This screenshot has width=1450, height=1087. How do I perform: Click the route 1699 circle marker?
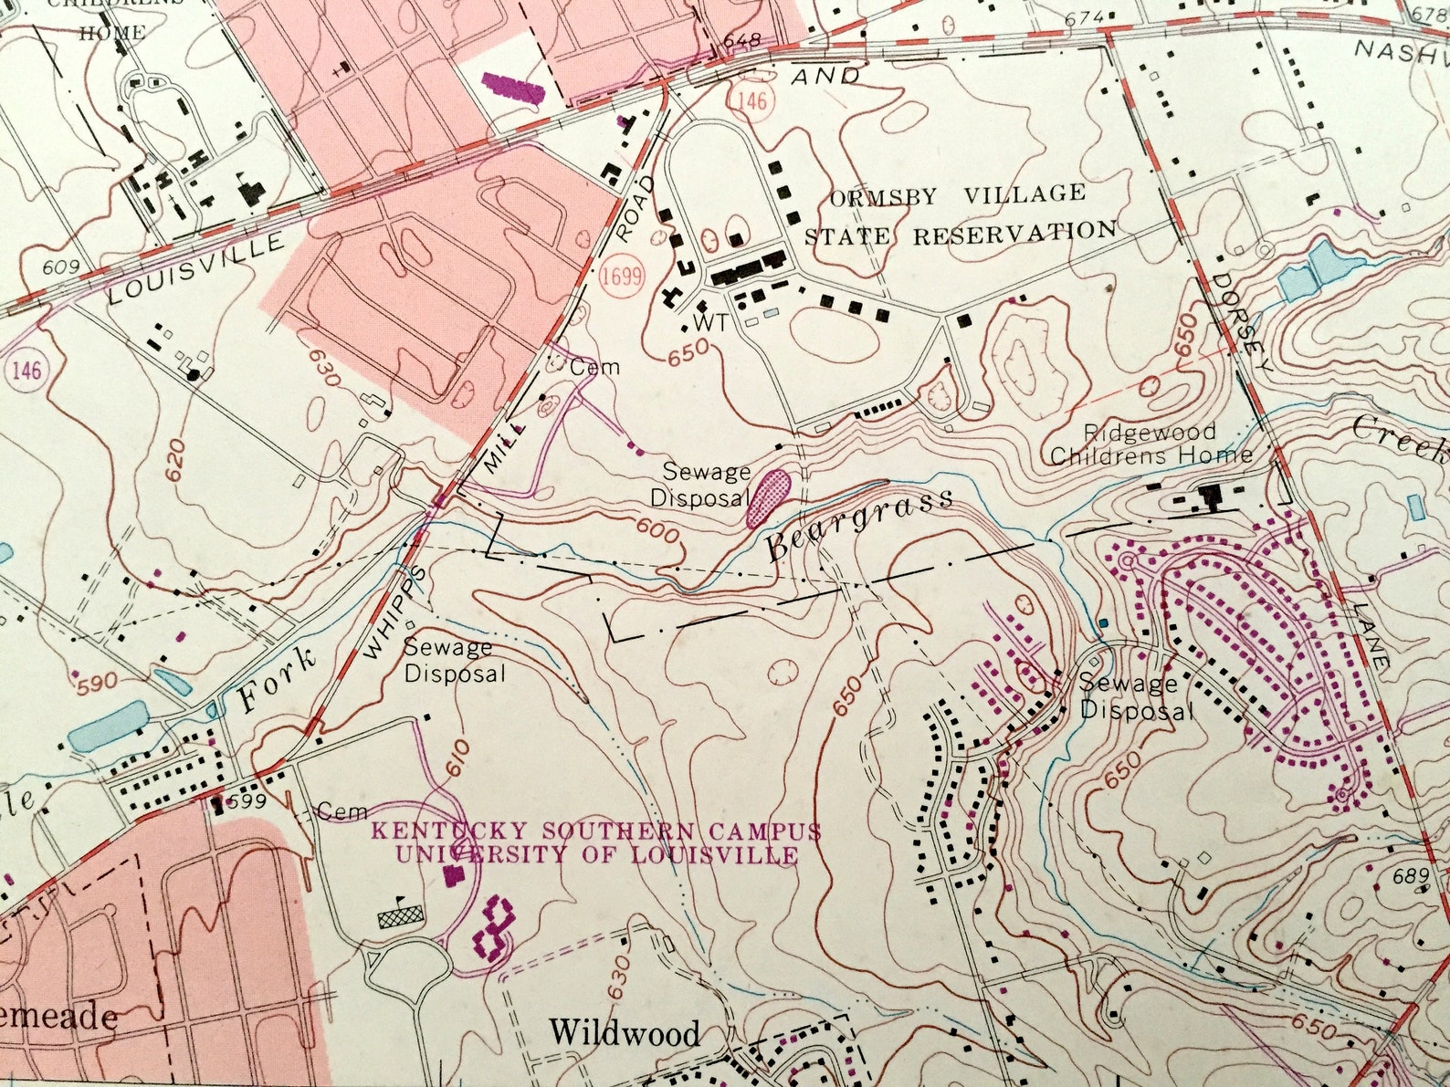pyautogui.click(x=622, y=276)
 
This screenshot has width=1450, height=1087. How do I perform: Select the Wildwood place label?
pyautogui.click(x=625, y=1033)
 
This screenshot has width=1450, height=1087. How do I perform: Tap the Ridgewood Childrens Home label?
pyautogui.click(x=1150, y=444)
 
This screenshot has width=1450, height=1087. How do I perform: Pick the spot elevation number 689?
pyautogui.click(x=1411, y=877)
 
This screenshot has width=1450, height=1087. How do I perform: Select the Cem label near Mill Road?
pyautogui.click(x=594, y=368)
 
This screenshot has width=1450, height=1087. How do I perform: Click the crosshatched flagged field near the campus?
pyautogui.click(x=402, y=915)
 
